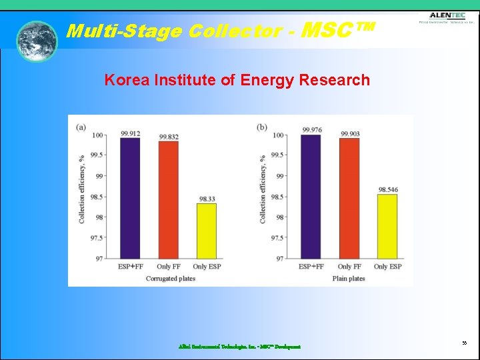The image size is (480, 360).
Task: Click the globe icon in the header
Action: coord(37,41)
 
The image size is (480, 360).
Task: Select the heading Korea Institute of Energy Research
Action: coord(237,81)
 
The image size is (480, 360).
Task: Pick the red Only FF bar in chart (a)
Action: coord(169,200)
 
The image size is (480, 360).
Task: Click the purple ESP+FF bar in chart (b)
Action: coord(311,197)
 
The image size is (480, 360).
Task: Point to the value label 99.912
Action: coord(130,133)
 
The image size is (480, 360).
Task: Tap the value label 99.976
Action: coord(311,130)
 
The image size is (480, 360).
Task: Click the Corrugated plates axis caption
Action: coord(171,279)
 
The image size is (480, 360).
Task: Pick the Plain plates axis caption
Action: coord(349,279)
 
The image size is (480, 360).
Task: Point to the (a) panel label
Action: coord(81,127)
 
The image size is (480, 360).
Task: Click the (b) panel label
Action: coord(262,127)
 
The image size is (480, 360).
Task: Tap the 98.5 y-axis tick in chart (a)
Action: coord(95,197)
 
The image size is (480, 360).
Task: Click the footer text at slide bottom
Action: coord(239,347)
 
